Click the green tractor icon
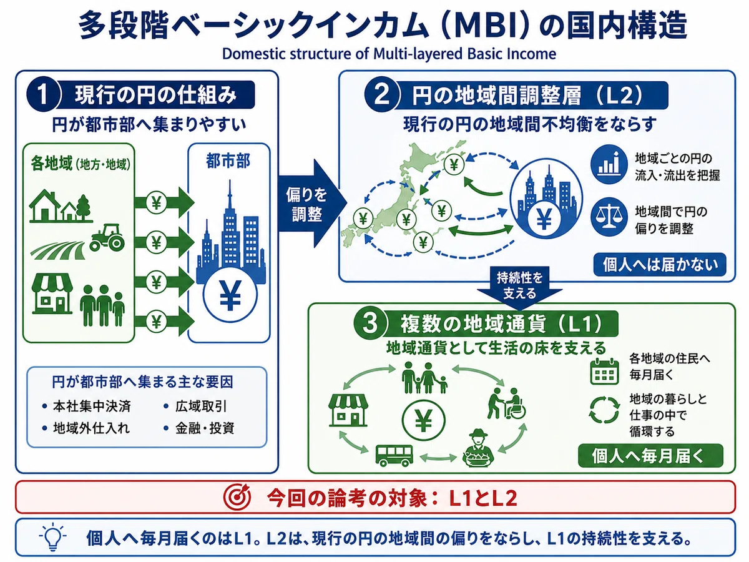[x=107, y=237]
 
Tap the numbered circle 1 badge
[x=43, y=94]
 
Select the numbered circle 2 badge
[x=381, y=94]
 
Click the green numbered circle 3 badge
[x=370, y=323]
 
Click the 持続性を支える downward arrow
[x=519, y=284]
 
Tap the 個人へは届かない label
[x=660, y=264]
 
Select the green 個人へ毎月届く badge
[x=650, y=456]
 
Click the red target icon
[x=237, y=497]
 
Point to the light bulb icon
[x=52, y=537]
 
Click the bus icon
[x=394, y=455]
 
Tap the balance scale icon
[x=609, y=217]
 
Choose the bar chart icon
[x=609, y=165]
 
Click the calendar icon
[x=604, y=371]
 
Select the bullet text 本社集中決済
[x=92, y=406]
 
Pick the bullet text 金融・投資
[x=205, y=428]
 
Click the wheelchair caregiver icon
[x=507, y=403]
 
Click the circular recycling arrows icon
[x=604, y=410]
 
